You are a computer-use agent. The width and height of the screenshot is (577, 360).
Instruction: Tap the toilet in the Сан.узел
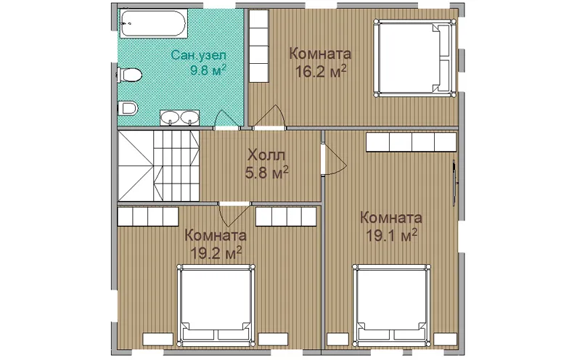click(129, 74)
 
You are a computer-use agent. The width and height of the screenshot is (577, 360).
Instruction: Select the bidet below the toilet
click(128, 108)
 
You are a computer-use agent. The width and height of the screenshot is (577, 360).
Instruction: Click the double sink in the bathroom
click(179, 118)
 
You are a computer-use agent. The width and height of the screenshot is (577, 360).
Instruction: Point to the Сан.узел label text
click(198, 56)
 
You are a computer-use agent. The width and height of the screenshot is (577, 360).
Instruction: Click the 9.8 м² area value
click(208, 70)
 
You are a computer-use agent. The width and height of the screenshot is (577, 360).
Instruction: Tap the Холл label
click(266, 155)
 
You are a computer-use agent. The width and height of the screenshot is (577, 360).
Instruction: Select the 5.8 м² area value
click(266, 172)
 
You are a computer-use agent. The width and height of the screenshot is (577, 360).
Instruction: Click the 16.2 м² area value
click(321, 71)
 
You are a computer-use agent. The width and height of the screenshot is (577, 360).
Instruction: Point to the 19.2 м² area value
click(216, 252)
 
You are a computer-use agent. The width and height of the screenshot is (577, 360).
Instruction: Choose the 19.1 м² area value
click(391, 235)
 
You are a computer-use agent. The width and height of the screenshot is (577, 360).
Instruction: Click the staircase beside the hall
click(159, 165)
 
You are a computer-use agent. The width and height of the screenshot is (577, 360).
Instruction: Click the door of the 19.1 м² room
click(334, 160)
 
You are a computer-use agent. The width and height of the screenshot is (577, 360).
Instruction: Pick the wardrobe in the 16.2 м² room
click(259, 46)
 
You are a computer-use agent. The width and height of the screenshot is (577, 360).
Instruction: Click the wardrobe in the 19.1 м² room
click(411, 142)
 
